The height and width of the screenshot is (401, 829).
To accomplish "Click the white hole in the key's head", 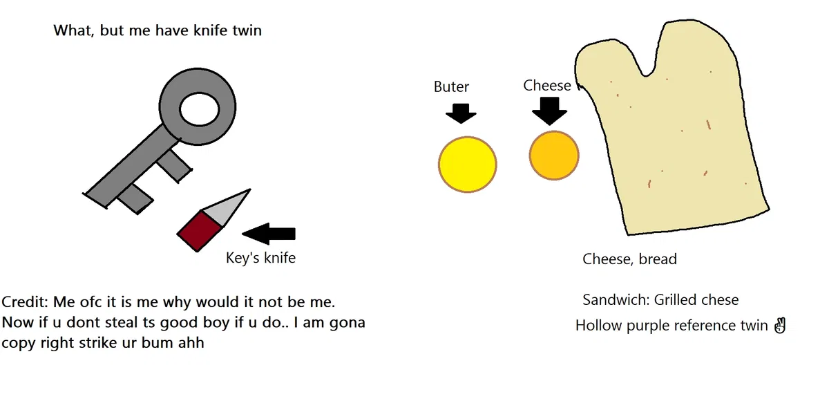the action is pyautogui.click(x=200, y=109).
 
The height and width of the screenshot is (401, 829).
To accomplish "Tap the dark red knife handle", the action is pyautogui.click(x=199, y=231).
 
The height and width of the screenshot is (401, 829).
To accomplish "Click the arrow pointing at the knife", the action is pyautogui.click(x=269, y=234).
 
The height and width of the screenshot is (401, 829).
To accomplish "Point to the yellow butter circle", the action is pyautogui.click(x=468, y=165).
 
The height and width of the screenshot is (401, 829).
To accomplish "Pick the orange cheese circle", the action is pyautogui.click(x=554, y=156).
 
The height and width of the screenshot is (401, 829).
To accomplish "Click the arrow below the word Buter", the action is pyautogui.click(x=461, y=113).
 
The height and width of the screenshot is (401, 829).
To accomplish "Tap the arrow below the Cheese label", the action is pyautogui.click(x=550, y=111).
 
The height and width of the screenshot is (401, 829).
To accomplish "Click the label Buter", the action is pyautogui.click(x=451, y=86).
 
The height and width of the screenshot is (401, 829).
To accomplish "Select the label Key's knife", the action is pyautogui.click(x=260, y=258).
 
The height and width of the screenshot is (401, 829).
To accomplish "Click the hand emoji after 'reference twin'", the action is pyautogui.click(x=780, y=326).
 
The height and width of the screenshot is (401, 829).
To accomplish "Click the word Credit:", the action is pyautogui.click(x=25, y=301).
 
